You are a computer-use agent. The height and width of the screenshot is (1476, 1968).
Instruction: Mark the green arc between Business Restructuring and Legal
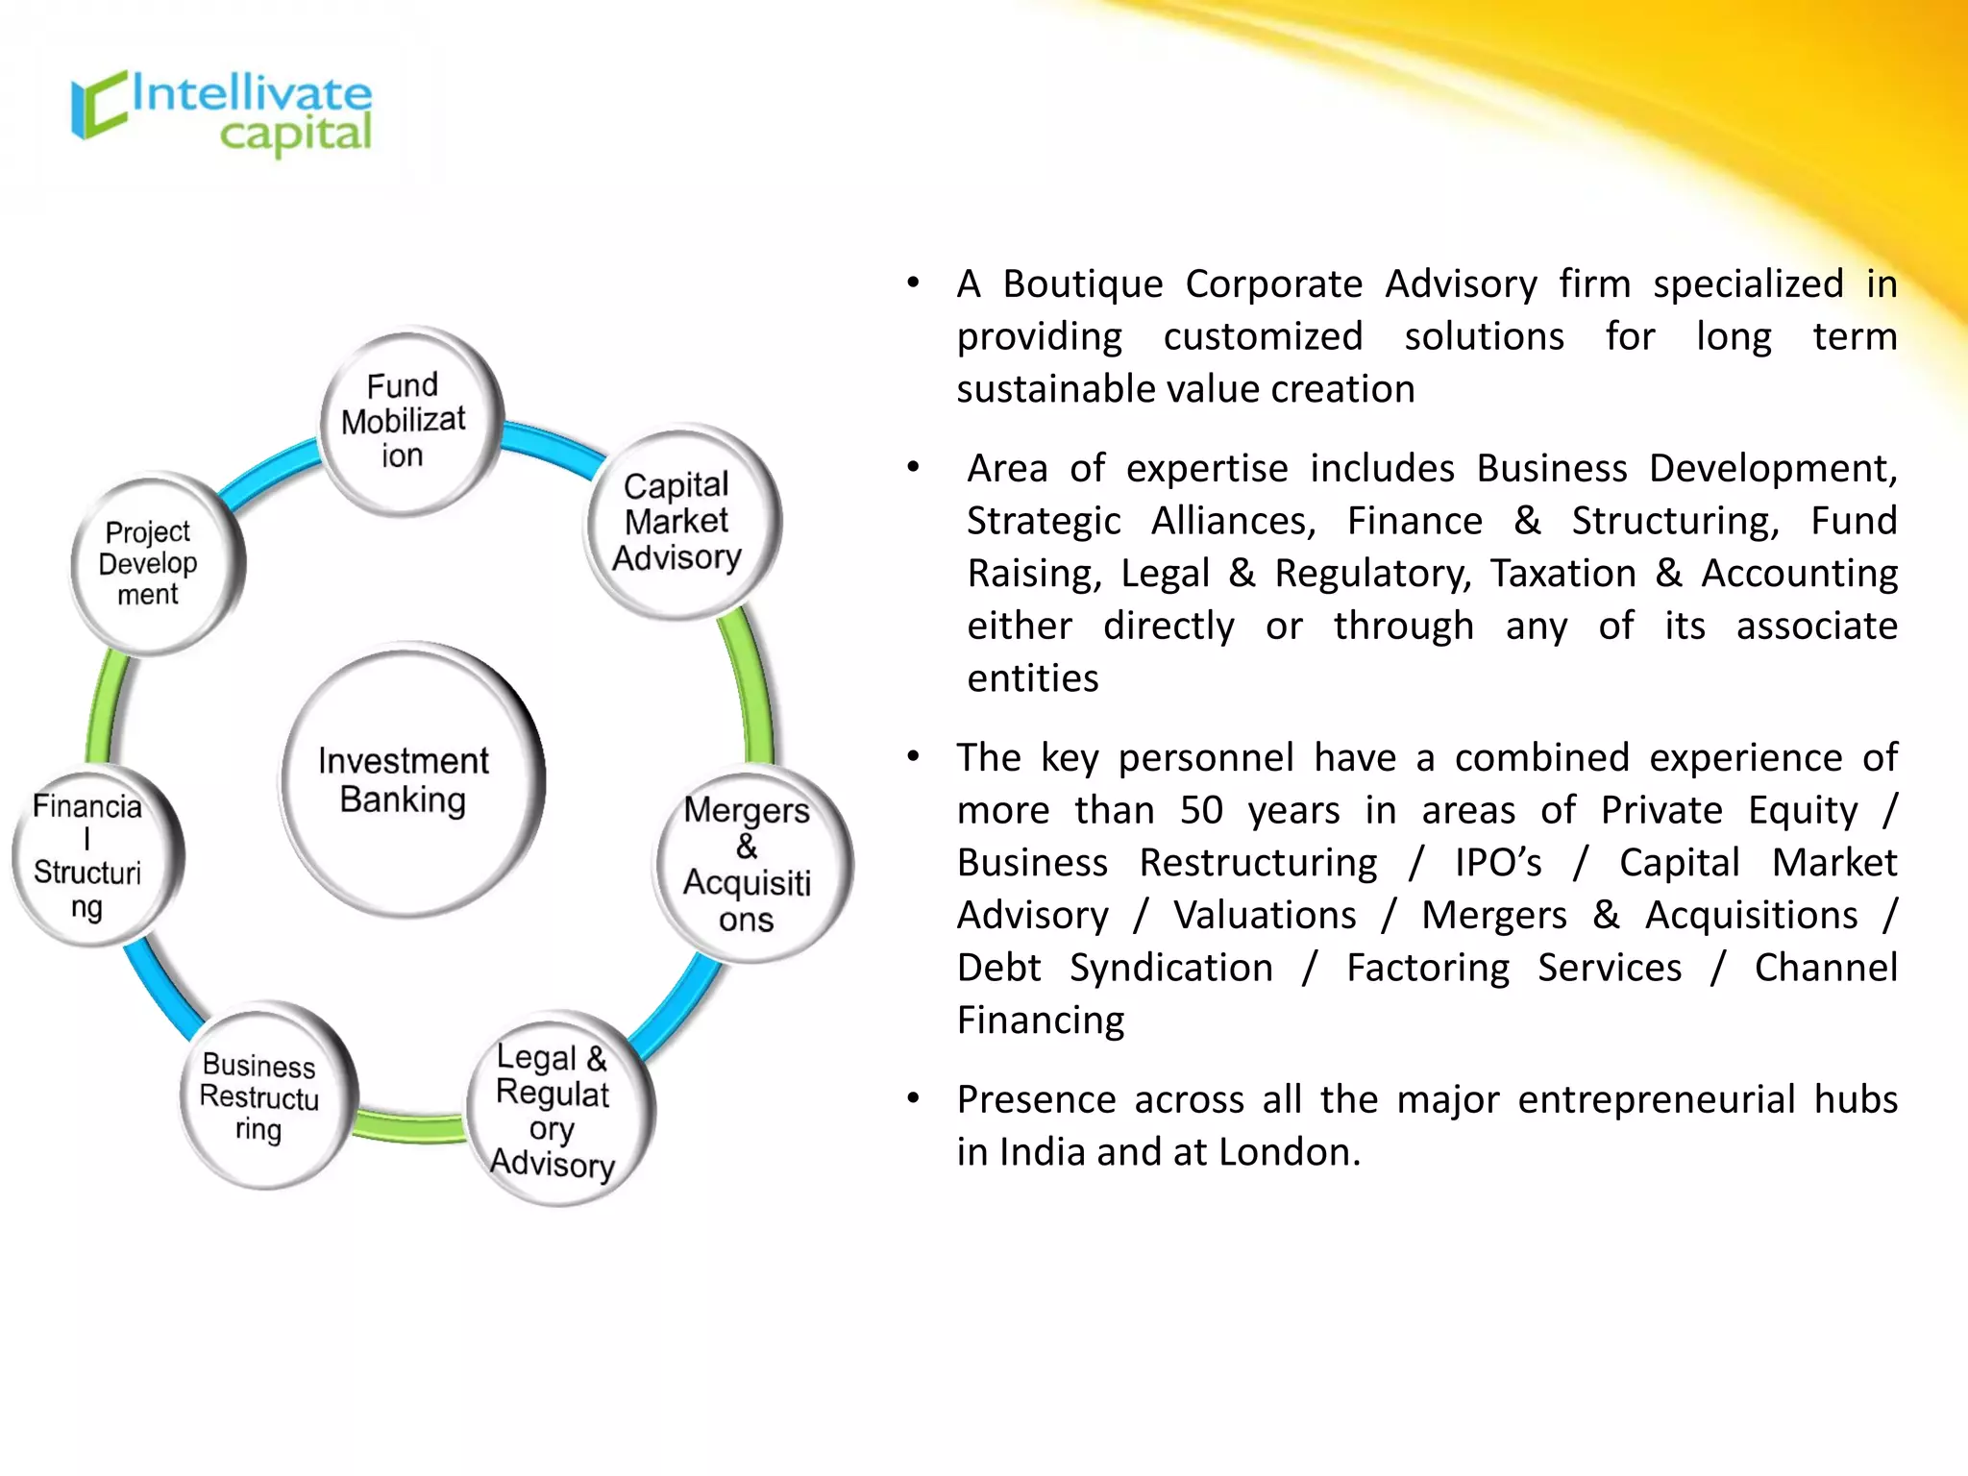[410, 1126]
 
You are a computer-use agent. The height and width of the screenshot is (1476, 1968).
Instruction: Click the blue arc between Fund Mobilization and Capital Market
[552, 448]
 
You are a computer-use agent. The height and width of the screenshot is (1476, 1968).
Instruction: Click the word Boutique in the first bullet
[1083, 285]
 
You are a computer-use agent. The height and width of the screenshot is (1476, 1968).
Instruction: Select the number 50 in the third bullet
[1201, 811]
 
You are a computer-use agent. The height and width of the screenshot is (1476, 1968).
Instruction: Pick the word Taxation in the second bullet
[1562, 574]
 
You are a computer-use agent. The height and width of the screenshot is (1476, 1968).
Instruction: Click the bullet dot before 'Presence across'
[913, 1097]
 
